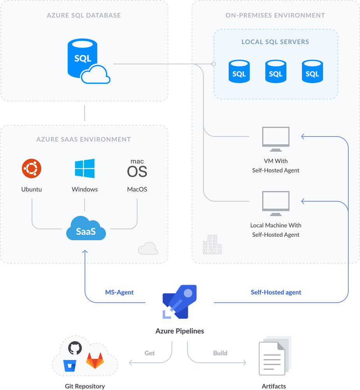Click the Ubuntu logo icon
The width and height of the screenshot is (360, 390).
pos(32,168)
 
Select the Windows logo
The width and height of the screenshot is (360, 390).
pos(85,168)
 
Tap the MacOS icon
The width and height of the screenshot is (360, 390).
pos(137,168)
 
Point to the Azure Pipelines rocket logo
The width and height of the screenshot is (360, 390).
pos(180,302)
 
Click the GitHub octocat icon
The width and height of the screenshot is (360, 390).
pos(75,347)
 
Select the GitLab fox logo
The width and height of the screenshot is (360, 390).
pos(95,361)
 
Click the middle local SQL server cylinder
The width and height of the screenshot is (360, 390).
pos(275,71)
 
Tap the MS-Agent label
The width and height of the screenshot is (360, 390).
pos(120,292)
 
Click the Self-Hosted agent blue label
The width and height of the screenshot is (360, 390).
pos(276,292)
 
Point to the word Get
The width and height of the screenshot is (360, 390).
pos(150,353)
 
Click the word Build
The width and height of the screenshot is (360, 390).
pos(220,353)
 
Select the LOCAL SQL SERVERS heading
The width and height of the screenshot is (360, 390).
pos(275,42)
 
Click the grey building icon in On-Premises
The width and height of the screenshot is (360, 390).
pos(212,245)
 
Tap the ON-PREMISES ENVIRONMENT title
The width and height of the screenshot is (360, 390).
pos(275,16)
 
